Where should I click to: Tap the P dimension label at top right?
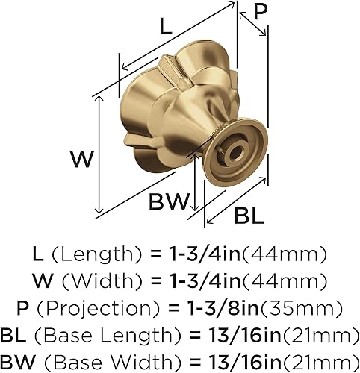coord(261,11)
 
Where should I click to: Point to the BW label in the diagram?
coord(169,201)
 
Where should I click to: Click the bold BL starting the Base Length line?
coord(24,333)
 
